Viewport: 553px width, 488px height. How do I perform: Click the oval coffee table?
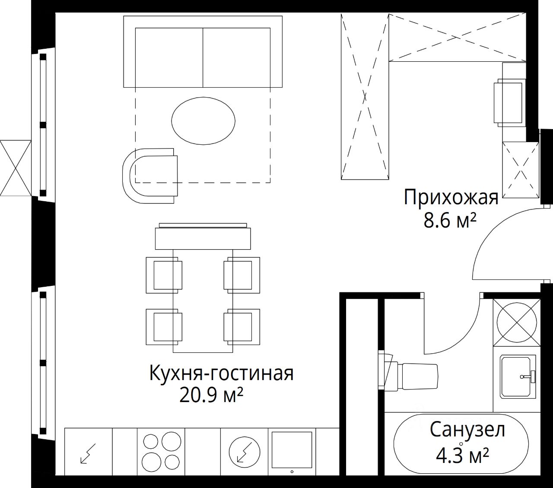click(203, 120)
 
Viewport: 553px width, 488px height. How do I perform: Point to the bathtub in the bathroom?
click(461, 445)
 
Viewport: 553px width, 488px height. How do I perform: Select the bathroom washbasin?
click(518, 377)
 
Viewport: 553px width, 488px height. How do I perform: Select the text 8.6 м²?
click(450, 221)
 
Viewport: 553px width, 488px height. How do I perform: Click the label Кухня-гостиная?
click(221, 374)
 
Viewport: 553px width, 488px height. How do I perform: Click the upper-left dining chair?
click(164, 275)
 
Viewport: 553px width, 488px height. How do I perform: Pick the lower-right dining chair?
click(242, 326)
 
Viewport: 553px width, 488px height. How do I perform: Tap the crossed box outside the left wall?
click(16, 168)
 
